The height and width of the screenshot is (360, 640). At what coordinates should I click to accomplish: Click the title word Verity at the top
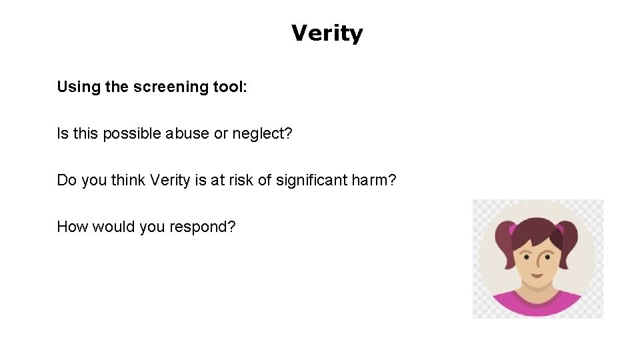click(327, 33)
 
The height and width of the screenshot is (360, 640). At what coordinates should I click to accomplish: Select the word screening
click(165, 87)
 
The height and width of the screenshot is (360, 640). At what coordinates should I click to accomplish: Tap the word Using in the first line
click(79, 87)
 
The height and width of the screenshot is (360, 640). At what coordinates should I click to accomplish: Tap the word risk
click(244, 180)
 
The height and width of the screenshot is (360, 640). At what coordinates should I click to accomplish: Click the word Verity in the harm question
click(170, 181)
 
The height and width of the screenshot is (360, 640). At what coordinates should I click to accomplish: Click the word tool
click(230, 87)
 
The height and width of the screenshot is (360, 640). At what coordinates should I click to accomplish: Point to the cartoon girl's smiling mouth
click(537, 272)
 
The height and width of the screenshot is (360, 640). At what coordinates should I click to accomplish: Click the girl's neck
click(537, 288)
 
